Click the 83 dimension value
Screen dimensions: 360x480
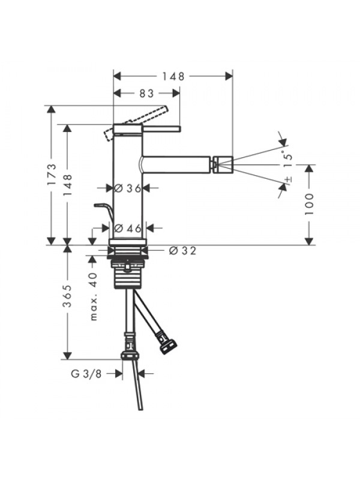[x=146, y=94]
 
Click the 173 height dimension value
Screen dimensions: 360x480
[x=52, y=175]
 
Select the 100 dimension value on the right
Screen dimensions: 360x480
[x=309, y=204]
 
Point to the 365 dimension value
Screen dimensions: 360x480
[x=67, y=296]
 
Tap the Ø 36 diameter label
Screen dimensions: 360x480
[x=128, y=188]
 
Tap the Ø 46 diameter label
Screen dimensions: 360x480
[x=128, y=228]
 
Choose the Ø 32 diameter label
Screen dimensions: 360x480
[x=182, y=251]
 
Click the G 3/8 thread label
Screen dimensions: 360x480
[x=86, y=373]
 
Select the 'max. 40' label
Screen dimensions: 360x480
[x=94, y=296]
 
